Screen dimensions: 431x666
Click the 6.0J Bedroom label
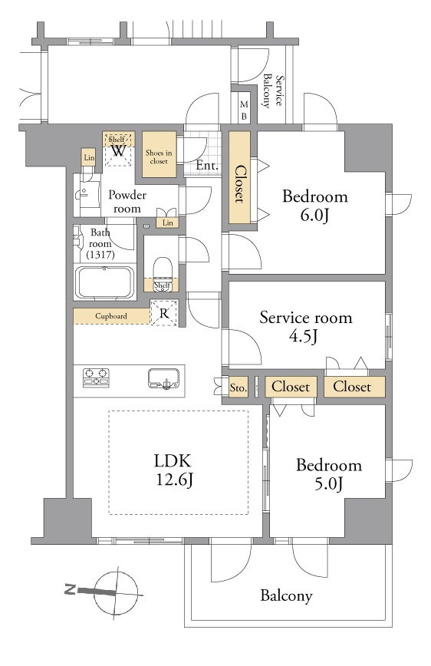pos(314,206)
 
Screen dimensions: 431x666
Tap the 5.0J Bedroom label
pos(329,474)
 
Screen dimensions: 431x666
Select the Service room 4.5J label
pos(306,326)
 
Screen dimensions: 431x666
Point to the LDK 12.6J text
pos(173,470)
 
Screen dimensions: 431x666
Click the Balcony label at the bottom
pos(286,595)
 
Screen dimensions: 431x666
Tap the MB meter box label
pos(244,110)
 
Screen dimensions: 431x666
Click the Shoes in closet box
pos(160,154)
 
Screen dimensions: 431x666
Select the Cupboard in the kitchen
pos(111,316)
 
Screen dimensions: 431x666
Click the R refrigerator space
pos(164,313)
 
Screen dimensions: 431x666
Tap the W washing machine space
pos(118,150)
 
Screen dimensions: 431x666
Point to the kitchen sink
pos(163,378)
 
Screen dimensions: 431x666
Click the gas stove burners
pos(96,378)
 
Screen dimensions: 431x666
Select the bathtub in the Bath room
pos(104,282)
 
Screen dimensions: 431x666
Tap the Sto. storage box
pos(239,387)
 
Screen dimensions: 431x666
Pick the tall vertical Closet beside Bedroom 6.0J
pos(240,177)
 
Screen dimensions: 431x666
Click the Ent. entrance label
pos(207,165)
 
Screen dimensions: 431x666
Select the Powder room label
pos(127,201)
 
